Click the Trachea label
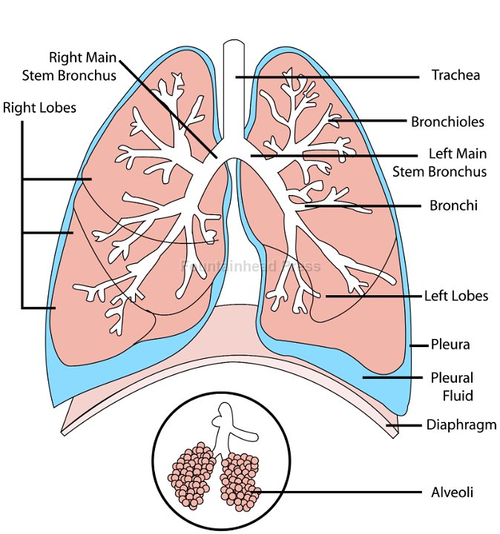[455, 75]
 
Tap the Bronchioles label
[447, 121]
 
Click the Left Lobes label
[455, 295]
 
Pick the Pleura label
[450, 345]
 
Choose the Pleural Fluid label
[452, 386]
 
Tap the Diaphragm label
[456, 426]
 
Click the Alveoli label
[452, 492]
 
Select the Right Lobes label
[39, 108]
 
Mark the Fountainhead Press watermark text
[251, 266]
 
